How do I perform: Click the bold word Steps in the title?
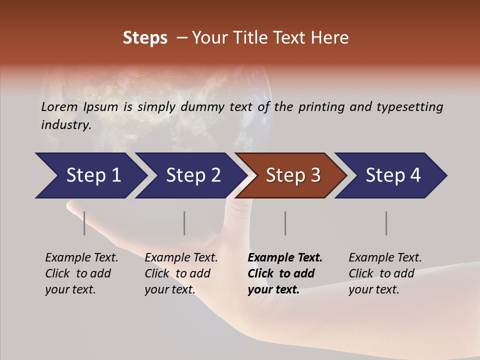click(145, 38)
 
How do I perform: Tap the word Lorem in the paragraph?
click(59, 106)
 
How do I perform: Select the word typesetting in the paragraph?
click(409, 106)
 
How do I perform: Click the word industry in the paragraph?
click(65, 124)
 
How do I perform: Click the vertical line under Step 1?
click(84, 223)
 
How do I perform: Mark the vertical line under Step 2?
click(184, 223)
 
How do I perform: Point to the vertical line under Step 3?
click(285, 223)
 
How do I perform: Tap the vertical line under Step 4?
click(386, 223)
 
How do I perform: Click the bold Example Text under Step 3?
click(285, 258)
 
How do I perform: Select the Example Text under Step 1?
click(81, 258)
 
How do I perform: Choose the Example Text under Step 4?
click(385, 258)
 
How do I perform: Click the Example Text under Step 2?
click(181, 258)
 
